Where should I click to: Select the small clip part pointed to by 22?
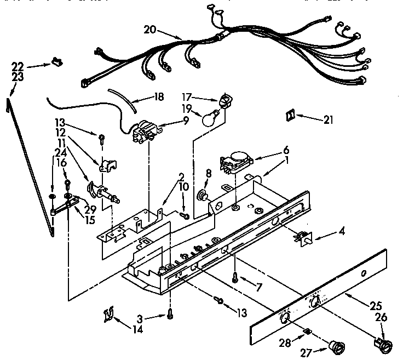(55, 62)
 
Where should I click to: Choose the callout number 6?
(286, 150)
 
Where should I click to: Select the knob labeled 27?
(333, 347)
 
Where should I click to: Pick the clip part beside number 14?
(109, 315)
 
